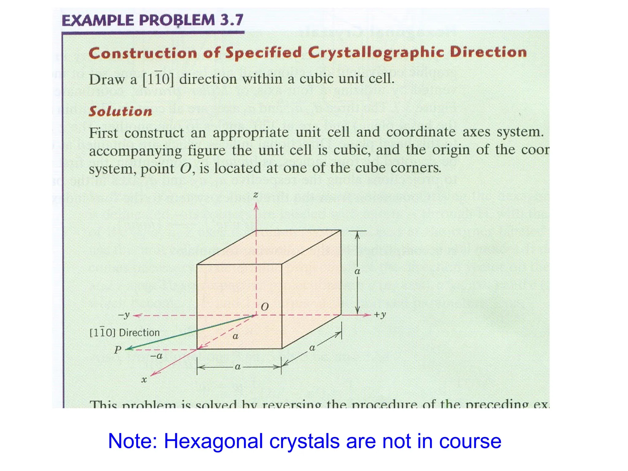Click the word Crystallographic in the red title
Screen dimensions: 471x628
(x=376, y=52)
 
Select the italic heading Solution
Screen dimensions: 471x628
(x=121, y=111)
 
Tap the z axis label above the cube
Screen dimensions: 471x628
(x=256, y=195)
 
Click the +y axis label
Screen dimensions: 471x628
(x=380, y=315)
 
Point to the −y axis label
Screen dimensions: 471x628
(x=124, y=315)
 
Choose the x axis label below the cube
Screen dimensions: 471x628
(x=144, y=380)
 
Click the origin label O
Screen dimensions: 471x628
(x=265, y=307)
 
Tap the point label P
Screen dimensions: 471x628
(x=118, y=350)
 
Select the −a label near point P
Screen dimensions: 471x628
(x=156, y=356)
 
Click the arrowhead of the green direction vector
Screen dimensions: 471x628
(x=128, y=349)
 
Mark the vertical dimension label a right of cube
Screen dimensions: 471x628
(x=357, y=271)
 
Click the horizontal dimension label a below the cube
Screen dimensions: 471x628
(x=238, y=367)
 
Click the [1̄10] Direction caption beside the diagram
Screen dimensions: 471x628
(x=124, y=332)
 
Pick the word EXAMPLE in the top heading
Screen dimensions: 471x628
(x=98, y=21)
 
